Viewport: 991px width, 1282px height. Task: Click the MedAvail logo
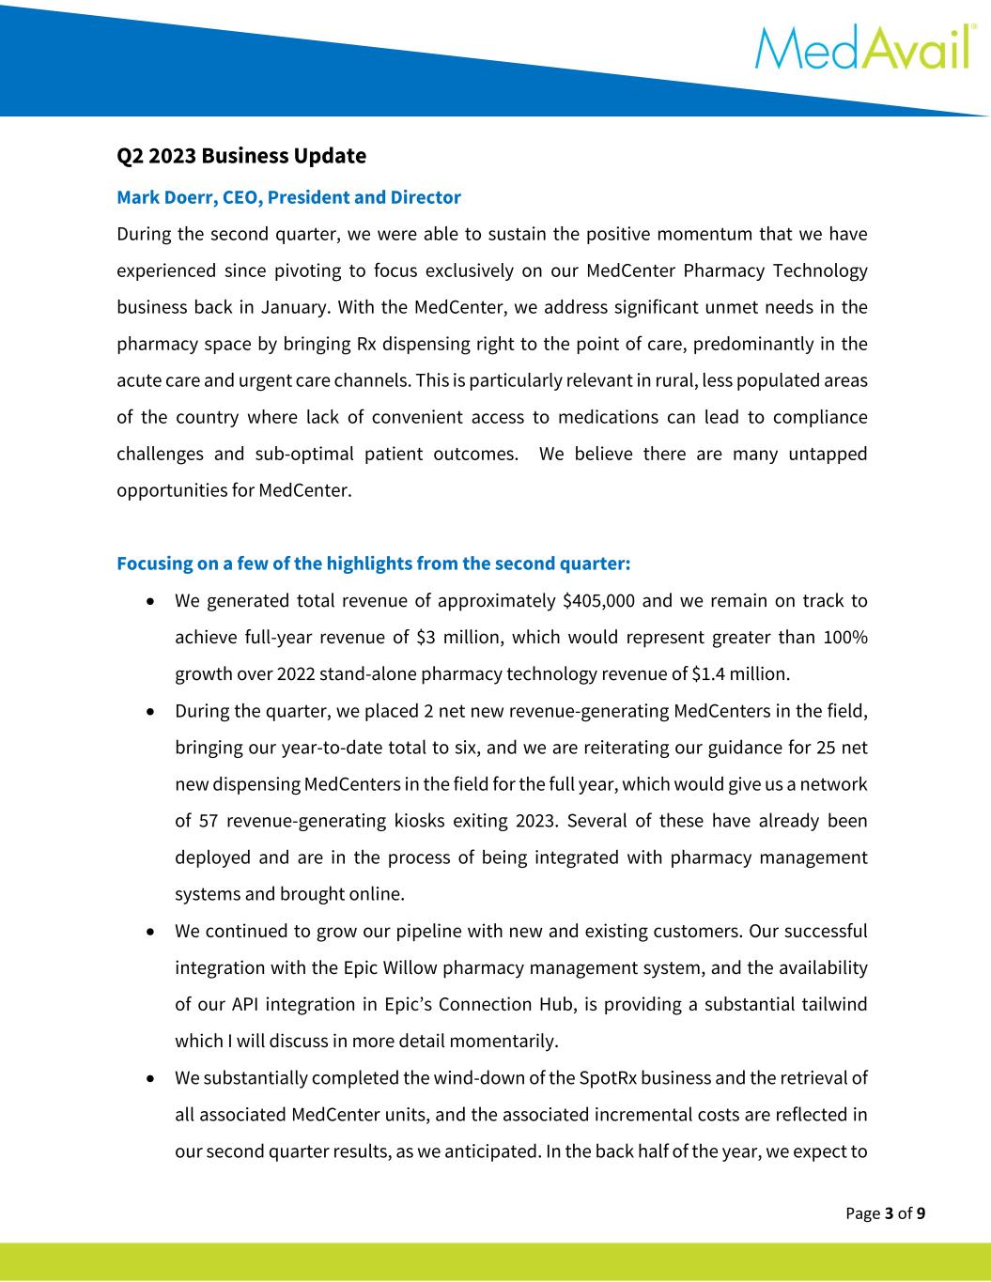point(861,48)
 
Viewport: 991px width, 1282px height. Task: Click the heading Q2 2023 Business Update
point(240,155)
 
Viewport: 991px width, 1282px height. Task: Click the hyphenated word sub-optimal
point(304,454)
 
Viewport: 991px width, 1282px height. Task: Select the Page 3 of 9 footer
point(885,1213)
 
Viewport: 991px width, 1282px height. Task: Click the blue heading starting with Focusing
point(373,564)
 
